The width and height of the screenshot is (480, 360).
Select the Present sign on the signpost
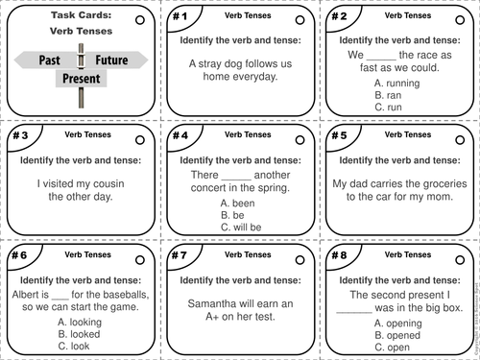[82, 78]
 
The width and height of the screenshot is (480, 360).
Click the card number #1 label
[180, 16]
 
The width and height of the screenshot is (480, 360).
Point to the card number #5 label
[338, 136]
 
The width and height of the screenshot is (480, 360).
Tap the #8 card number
[338, 256]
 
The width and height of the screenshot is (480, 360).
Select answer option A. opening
[397, 324]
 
